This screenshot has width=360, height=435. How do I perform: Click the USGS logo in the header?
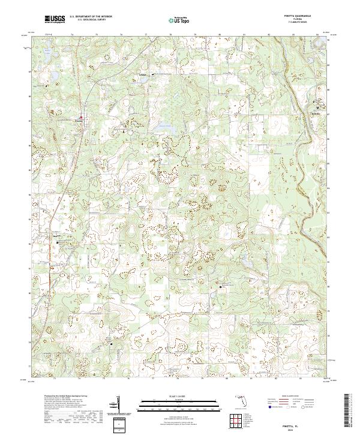point(55,19)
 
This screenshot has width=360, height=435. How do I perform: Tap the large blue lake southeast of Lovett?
point(163,127)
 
